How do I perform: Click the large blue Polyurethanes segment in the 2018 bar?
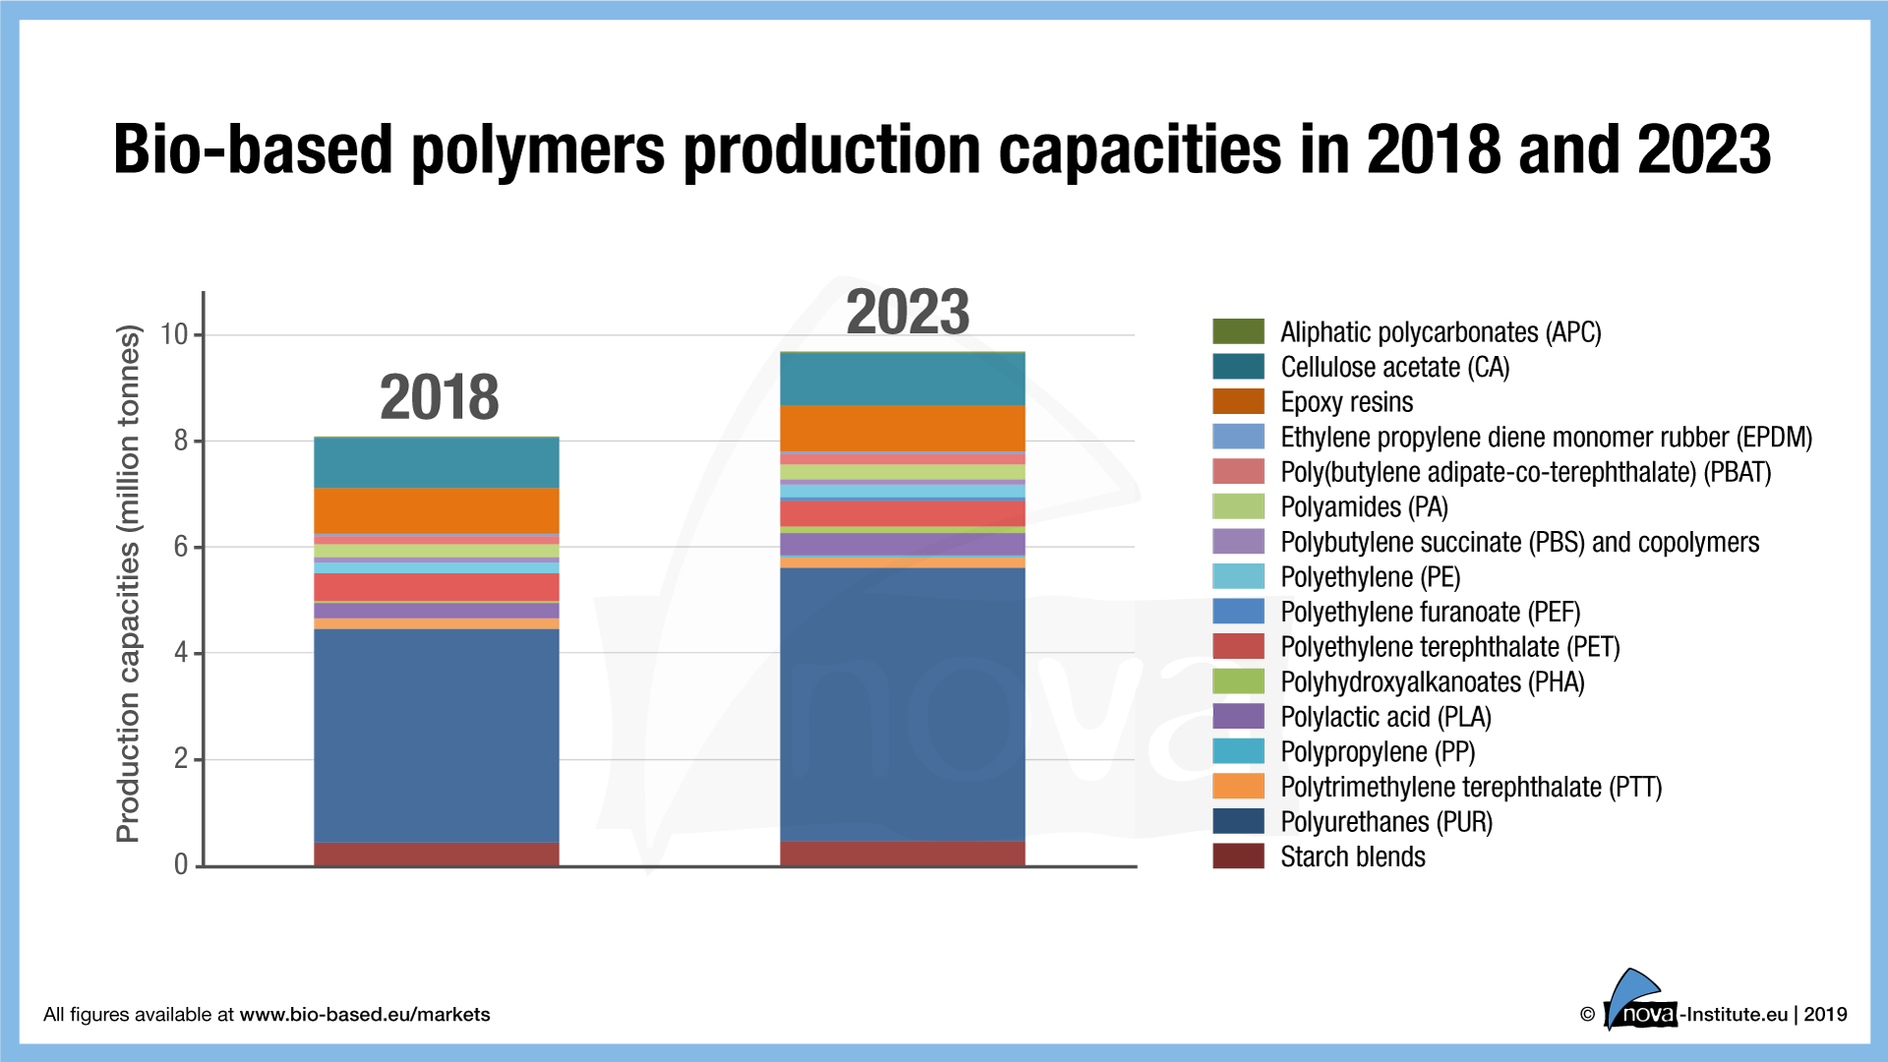coord(436,735)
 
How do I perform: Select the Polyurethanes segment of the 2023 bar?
coord(902,704)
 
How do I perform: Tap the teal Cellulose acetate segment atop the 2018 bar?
coord(436,462)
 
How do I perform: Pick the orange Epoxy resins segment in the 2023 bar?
coord(902,429)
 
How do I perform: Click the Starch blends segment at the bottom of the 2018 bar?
coord(436,854)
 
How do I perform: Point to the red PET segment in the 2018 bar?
coord(436,587)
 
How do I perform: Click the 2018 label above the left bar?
coord(439,397)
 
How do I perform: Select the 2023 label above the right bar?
coord(908,312)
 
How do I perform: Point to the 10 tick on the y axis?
coord(174,334)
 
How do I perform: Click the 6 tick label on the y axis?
coord(181,547)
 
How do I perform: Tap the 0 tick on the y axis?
coord(181,864)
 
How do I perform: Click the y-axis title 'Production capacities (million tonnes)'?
coord(129,584)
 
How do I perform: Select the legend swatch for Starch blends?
coord(1238,856)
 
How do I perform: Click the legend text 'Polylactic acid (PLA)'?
coord(1386,717)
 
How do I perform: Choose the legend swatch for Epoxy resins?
coord(1238,402)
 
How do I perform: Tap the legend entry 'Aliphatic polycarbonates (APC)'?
coord(1441,332)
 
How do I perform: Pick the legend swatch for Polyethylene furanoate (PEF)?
coord(1238,612)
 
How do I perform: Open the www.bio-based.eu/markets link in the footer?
coord(364,1015)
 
